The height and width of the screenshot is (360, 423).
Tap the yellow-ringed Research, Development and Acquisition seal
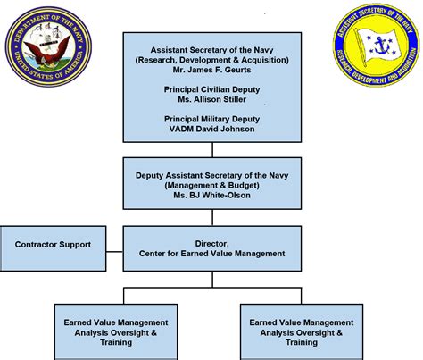377,46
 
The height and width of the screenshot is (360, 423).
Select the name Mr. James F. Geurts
211,71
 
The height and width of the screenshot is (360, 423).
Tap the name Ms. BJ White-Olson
211,196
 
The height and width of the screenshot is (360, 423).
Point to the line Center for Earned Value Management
211,254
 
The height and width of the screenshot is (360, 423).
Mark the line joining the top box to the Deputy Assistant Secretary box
211,149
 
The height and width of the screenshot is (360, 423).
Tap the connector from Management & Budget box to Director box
211,218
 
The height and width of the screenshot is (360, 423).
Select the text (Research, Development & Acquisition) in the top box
211,59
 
